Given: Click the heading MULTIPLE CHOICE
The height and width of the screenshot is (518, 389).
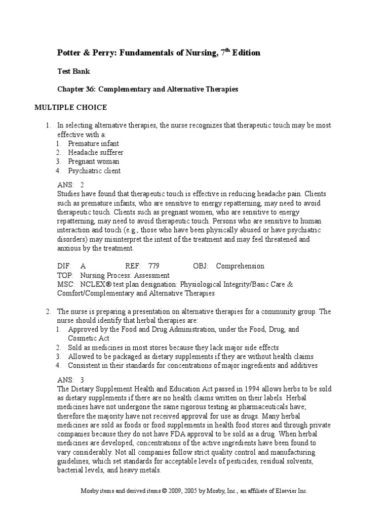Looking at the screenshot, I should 70,107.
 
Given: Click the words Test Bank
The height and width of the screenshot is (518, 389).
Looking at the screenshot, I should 73,71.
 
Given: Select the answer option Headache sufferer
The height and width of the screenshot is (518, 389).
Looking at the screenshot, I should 96,152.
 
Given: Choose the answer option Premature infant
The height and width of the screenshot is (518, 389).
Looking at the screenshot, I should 94,143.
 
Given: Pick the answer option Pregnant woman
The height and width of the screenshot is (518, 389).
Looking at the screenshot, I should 94,161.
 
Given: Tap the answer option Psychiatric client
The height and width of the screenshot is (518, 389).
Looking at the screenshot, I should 95,170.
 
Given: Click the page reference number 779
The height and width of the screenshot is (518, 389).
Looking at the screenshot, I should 153,266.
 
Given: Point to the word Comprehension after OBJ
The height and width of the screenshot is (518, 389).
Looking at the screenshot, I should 240,266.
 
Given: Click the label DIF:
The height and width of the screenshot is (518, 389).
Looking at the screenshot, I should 64,266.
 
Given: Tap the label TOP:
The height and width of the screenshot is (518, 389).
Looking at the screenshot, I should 65,275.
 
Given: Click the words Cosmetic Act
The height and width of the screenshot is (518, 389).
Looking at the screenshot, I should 89,338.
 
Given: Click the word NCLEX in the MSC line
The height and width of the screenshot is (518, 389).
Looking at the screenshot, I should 95,284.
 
